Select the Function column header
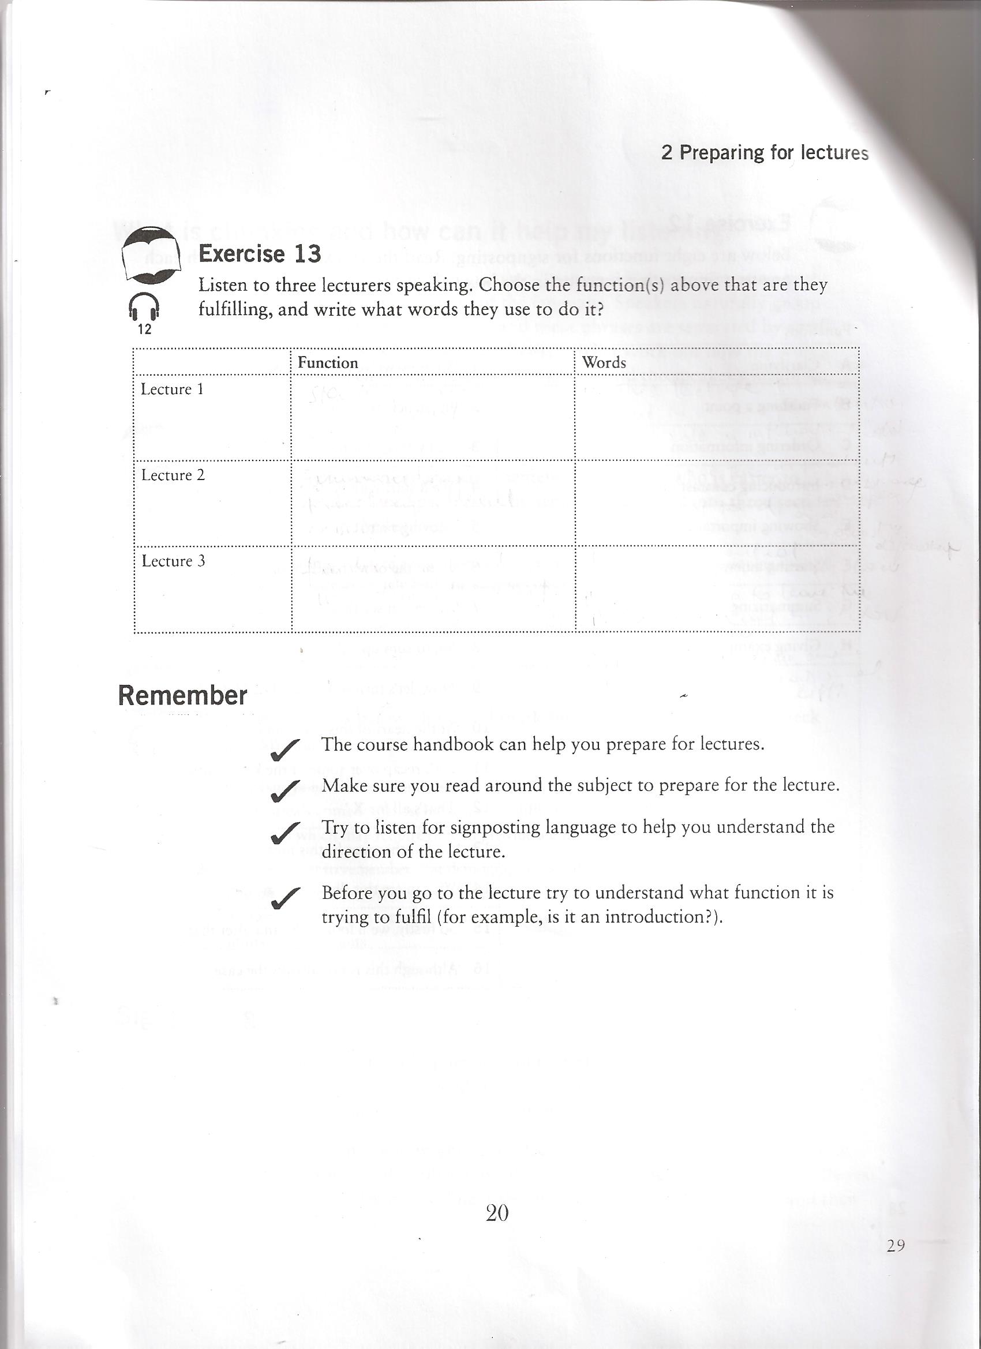pyautogui.click(x=328, y=363)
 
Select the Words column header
pyautogui.click(x=604, y=362)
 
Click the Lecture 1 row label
pyautogui.click(x=172, y=389)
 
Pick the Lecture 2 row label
pyautogui.click(x=173, y=475)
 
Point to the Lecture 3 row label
pyautogui.click(x=173, y=561)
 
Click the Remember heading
pyautogui.click(x=182, y=695)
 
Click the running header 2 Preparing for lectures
pyautogui.click(x=765, y=153)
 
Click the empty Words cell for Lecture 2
pyautogui.click(x=717, y=503)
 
